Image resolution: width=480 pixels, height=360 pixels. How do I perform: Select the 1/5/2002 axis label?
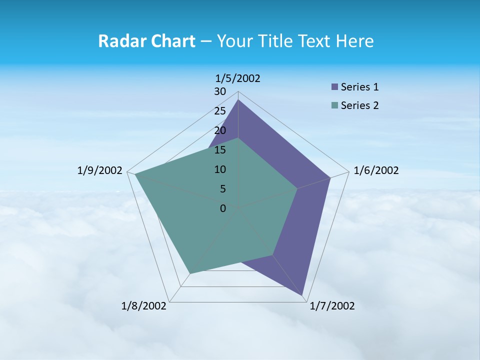point(238,78)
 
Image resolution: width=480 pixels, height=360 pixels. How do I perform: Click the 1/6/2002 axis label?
point(376,170)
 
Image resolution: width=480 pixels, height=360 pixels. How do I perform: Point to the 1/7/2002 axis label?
point(332,306)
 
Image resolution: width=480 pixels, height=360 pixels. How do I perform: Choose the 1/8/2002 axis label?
point(144,306)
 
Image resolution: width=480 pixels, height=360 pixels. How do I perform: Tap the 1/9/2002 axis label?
point(99,170)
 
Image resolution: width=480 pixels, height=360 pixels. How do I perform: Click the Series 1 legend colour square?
point(334,87)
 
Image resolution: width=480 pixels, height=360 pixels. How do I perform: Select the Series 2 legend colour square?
point(334,105)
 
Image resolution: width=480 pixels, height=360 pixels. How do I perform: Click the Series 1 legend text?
point(359,87)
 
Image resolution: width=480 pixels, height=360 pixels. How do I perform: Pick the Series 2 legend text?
point(359,105)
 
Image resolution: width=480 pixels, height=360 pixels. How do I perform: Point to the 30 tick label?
point(220,91)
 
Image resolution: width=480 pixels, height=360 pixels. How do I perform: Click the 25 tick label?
point(220,111)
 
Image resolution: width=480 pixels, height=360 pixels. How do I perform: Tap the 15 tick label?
point(220,150)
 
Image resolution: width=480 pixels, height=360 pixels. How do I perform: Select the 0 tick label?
point(223,208)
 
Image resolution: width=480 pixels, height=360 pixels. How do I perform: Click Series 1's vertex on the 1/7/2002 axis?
point(303,295)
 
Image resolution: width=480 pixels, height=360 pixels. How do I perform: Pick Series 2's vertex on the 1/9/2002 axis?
point(135,174)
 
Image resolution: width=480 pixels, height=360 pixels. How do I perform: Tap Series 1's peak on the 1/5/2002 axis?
point(238,100)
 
